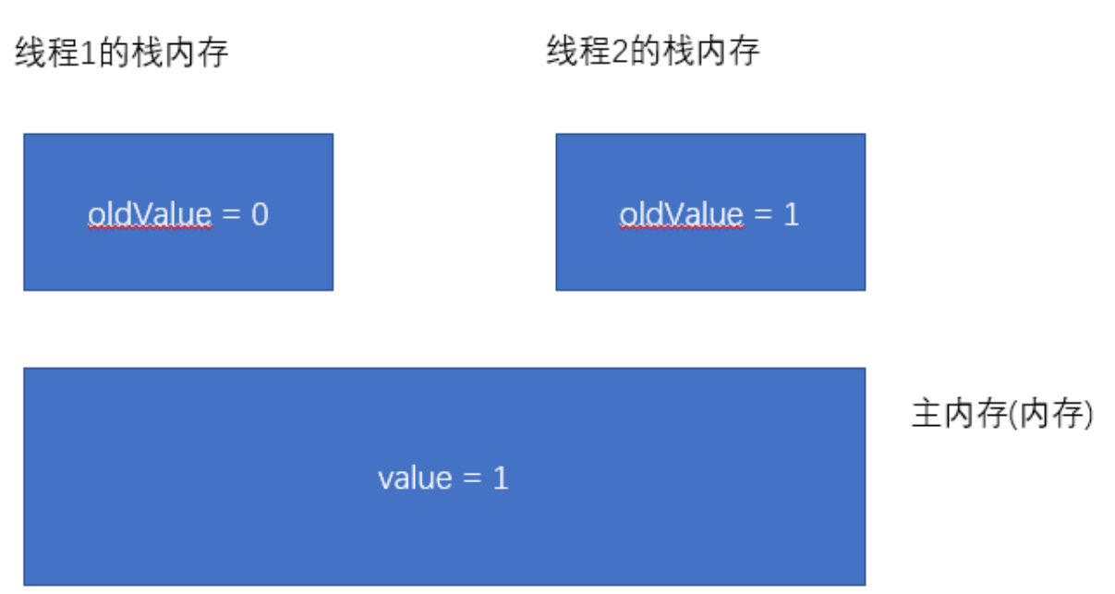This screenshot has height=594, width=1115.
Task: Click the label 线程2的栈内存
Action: (x=653, y=52)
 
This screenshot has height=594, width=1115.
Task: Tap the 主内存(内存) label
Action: (x=1002, y=416)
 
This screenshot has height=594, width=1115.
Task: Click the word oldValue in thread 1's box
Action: (x=151, y=214)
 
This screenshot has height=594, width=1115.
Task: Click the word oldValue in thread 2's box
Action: (x=681, y=214)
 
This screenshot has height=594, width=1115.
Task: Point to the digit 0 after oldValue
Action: (x=260, y=215)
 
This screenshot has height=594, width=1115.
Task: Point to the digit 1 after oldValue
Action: (x=791, y=215)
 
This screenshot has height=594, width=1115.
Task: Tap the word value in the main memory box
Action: (x=415, y=479)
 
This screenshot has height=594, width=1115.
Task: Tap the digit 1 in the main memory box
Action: (x=500, y=479)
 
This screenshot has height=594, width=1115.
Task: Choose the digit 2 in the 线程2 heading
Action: (x=618, y=53)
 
